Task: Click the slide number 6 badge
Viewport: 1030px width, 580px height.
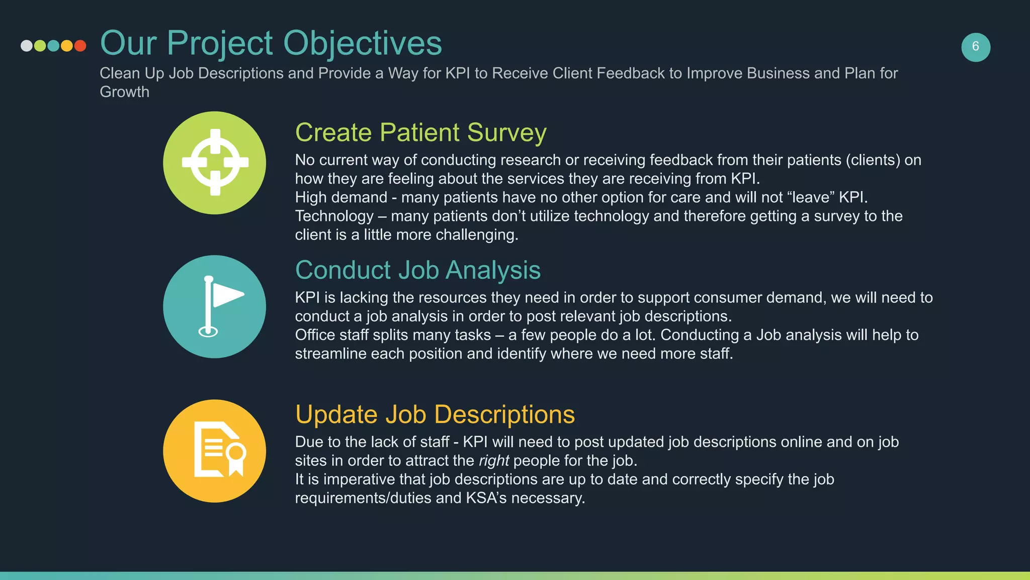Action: point(975,47)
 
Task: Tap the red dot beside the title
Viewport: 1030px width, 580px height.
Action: point(80,46)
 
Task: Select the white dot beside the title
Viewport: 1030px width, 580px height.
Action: point(27,46)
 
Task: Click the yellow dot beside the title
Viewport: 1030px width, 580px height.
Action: point(66,46)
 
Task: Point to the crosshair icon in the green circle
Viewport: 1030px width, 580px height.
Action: point(215,163)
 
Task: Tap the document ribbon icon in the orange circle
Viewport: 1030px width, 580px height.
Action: point(220,450)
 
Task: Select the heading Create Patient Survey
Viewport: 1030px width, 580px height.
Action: point(420,132)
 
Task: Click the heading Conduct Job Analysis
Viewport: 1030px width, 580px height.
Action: point(417,270)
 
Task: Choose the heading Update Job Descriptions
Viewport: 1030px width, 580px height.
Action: point(435,414)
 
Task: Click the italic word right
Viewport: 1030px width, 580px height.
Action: point(493,461)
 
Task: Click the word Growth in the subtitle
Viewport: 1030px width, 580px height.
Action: point(124,92)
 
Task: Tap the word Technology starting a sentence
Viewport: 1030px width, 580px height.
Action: point(334,216)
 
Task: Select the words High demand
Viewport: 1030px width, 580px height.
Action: point(340,197)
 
